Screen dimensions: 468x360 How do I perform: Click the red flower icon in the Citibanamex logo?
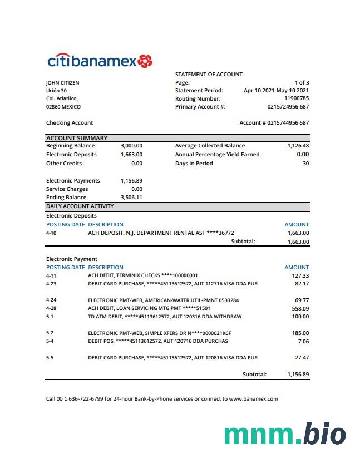[145, 61]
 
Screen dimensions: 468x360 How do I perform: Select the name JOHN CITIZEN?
[62, 82]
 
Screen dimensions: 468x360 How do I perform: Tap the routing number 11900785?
[296, 98]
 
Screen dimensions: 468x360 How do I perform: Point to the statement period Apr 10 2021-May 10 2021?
[276, 90]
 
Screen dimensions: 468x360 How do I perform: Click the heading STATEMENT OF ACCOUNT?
[209, 74]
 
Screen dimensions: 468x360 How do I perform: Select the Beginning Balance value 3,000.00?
[131, 146]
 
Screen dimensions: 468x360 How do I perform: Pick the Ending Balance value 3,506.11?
[131, 197]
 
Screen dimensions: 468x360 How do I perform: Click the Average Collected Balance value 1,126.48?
[298, 146]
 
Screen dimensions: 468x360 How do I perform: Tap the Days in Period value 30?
[305, 163]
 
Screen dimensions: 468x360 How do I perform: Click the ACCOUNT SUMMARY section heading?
[77, 138]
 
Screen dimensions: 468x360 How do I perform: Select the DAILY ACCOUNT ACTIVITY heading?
[80, 206]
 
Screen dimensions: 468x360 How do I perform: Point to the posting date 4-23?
[51, 284]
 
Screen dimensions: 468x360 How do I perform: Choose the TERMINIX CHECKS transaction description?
[143, 275]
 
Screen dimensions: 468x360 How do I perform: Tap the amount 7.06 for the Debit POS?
[303, 341]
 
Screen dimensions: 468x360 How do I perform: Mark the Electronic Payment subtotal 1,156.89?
[298, 375]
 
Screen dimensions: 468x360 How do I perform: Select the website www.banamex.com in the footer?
[253, 398]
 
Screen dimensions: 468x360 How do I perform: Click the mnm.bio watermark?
[285, 435]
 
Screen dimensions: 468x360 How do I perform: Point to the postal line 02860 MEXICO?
[63, 106]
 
